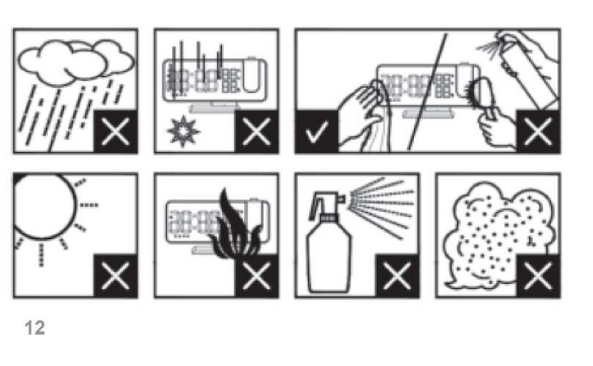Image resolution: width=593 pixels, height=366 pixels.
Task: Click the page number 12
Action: click(x=35, y=328)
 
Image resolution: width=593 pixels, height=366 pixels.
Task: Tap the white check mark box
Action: click(x=317, y=132)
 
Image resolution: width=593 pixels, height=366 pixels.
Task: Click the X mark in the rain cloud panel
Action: click(x=115, y=132)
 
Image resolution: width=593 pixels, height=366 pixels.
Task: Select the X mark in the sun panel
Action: click(x=115, y=276)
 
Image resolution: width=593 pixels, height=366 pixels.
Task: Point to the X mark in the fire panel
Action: click(x=257, y=276)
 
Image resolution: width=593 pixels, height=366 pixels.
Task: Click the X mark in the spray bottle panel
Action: click(x=397, y=276)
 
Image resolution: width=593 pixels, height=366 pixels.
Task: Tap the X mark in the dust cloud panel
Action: click(x=538, y=276)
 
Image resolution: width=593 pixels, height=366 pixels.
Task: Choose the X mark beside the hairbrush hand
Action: click(x=538, y=132)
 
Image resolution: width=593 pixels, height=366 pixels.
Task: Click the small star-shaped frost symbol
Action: click(x=184, y=131)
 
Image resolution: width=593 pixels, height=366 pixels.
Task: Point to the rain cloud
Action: click(x=76, y=63)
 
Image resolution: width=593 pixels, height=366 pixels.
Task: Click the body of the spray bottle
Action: click(x=329, y=258)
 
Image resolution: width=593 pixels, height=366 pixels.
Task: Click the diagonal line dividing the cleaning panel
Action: click(x=427, y=92)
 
